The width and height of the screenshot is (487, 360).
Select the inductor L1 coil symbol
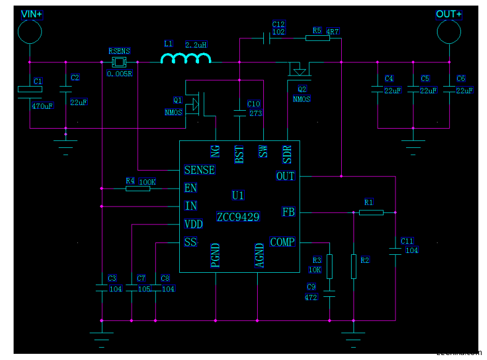tap(185, 59)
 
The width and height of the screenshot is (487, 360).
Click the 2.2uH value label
tap(196, 45)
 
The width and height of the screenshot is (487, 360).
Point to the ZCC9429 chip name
tap(238, 217)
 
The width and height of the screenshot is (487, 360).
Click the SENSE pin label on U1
tap(200, 170)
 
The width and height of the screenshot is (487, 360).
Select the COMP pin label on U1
tap(282, 242)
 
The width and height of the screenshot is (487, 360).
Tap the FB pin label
tap(288, 212)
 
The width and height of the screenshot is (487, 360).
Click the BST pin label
tap(239, 154)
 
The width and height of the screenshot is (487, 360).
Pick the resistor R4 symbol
tap(137, 188)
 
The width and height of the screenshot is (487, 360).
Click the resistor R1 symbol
tap(371, 212)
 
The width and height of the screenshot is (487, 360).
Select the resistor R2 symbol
tap(354, 266)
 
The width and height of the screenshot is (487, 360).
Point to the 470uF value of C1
tap(42, 106)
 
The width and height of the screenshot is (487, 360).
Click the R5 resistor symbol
tap(317, 38)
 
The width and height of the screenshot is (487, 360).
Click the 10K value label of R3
tap(315, 270)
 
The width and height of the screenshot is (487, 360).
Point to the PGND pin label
tap(215, 255)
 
